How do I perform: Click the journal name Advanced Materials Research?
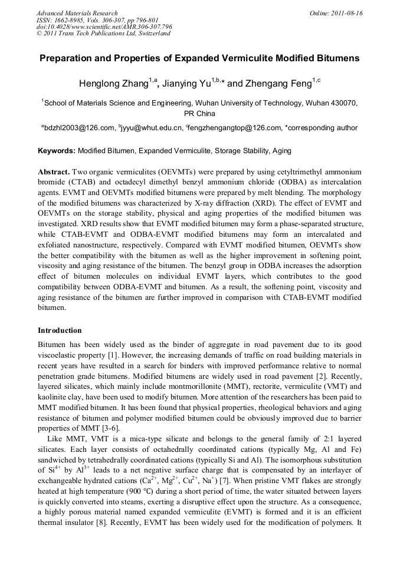[x=77, y=13]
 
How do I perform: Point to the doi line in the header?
[x=104, y=27]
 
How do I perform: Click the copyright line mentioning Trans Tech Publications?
[x=103, y=34]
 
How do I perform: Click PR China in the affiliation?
[x=199, y=114]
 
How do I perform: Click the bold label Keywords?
[x=57, y=151]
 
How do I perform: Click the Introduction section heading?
[x=60, y=331]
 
